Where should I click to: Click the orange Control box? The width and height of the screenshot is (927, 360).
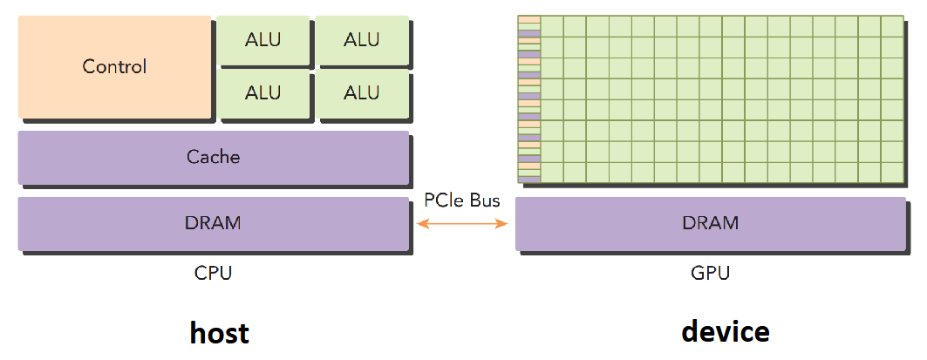click(x=115, y=67)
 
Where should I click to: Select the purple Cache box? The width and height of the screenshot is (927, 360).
click(x=213, y=158)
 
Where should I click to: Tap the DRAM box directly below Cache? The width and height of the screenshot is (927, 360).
click(x=213, y=223)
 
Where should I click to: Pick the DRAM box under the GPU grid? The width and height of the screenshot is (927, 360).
click(x=710, y=223)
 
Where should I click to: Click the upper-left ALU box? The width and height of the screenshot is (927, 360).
click(x=262, y=40)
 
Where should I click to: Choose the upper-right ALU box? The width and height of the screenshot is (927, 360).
click(x=361, y=40)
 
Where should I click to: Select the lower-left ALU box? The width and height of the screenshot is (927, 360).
click(x=262, y=92)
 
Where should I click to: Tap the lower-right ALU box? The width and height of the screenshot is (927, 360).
click(x=361, y=92)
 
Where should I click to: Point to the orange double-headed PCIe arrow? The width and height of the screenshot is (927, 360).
click(x=462, y=224)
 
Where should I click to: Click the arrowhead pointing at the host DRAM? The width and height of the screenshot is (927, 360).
click(x=419, y=224)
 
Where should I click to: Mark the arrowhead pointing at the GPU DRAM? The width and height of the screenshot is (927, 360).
click(x=505, y=224)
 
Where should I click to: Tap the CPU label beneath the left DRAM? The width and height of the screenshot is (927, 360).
click(x=213, y=273)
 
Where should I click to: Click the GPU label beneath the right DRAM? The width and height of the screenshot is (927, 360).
click(x=710, y=273)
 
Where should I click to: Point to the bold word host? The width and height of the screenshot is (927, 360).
click(x=220, y=332)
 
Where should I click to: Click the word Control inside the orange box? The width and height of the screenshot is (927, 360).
click(x=115, y=66)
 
